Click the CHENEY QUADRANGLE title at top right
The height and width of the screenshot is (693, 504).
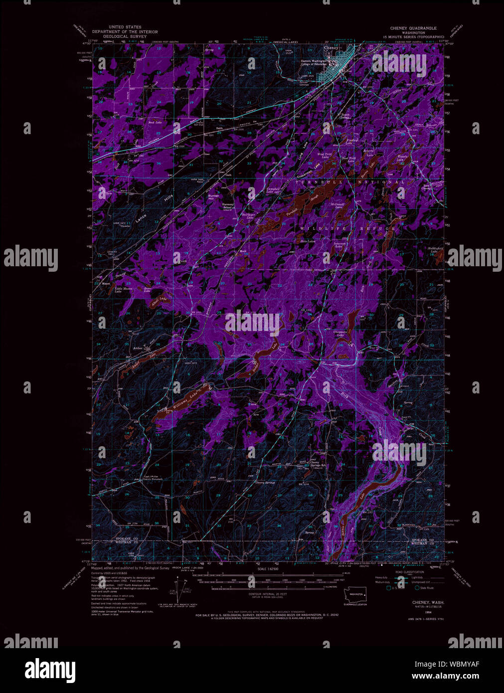click(x=414, y=28)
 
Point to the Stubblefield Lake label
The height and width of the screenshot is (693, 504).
click(x=433, y=249)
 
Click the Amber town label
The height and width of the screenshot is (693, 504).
click(x=138, y=348)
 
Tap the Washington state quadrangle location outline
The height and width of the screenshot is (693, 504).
click(x=357, y=594)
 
